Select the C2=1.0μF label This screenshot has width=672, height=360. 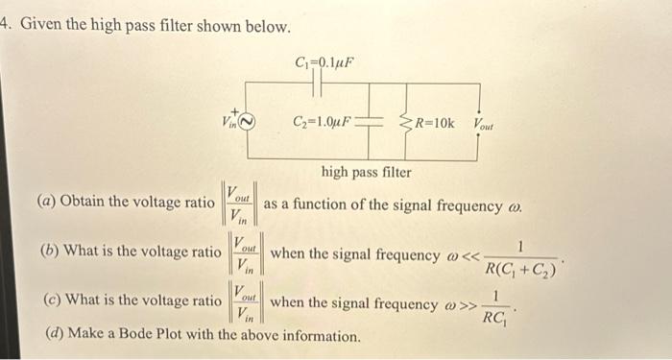click(323, 122)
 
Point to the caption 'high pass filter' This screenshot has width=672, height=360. click(366, 173)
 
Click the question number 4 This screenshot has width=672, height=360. click(4, 26)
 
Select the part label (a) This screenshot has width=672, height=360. click(45, 202)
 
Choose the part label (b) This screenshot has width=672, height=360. click(45, 251)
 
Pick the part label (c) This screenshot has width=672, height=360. click(45, 300)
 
